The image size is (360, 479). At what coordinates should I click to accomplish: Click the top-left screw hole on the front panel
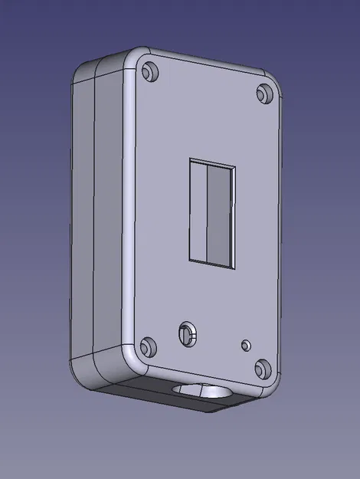pos(149,73)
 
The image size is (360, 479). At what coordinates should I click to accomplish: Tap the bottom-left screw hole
pos(149,346)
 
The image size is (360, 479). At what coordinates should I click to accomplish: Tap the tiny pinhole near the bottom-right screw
pos(245,345)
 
